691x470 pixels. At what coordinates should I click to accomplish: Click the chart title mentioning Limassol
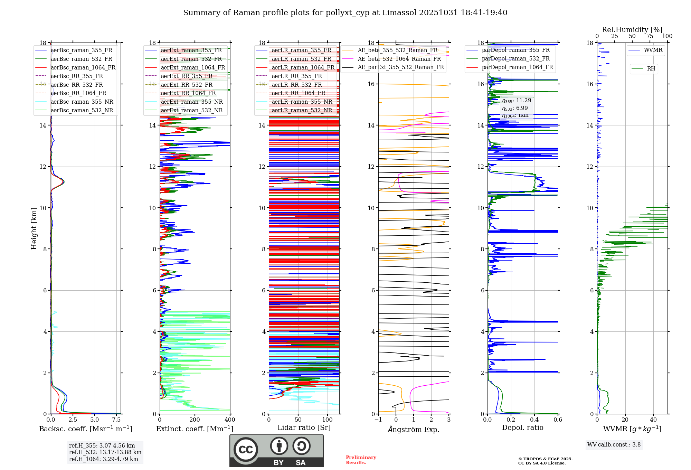click(x=345, y=13)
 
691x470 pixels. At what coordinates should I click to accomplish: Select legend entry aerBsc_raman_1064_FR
click(x=83, y=67)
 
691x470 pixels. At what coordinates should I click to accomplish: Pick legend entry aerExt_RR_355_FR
click(x=187, y=76)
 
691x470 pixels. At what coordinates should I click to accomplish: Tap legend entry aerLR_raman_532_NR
click(x=302, y=110)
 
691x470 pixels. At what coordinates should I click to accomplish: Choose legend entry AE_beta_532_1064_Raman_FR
click(x=399, y=59)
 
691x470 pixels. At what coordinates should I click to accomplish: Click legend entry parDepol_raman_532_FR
click(x=515, y=59)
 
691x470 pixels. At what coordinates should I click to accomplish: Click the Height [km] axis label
click(x=34, y=228)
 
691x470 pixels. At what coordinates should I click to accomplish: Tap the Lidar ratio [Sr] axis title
click(x=304, y=427)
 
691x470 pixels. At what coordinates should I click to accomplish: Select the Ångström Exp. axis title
click(x=414, y=429)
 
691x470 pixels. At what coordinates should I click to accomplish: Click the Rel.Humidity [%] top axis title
click(x=632, y=30)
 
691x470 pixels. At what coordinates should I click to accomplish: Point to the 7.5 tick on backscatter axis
click(x=116, y=420)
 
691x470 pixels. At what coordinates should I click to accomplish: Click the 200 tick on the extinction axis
click(x=195, y=420)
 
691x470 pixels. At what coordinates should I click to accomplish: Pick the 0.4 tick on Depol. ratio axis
click(x=534, y=420)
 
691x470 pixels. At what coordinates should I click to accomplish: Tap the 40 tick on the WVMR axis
click(x=653, y=420)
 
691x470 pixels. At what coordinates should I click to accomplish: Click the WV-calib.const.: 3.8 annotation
click(x=614, y=444)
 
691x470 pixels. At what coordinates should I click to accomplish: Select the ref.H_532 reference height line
click(x=105, y=452)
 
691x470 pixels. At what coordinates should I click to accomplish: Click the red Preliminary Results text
click(x=361, y=460)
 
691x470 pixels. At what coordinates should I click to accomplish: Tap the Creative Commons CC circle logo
click(x=246, y=450)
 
